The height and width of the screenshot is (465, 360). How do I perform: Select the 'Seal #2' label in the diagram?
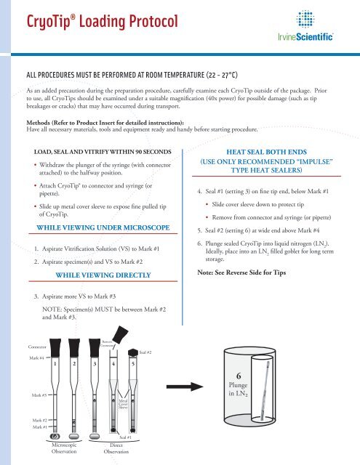pyautogui.click(x=145, y=352)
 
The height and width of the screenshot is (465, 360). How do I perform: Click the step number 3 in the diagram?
pyautogui.click(x=95, y=363)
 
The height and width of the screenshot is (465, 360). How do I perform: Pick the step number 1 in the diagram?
pyautogui.click(x=55, y=363)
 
